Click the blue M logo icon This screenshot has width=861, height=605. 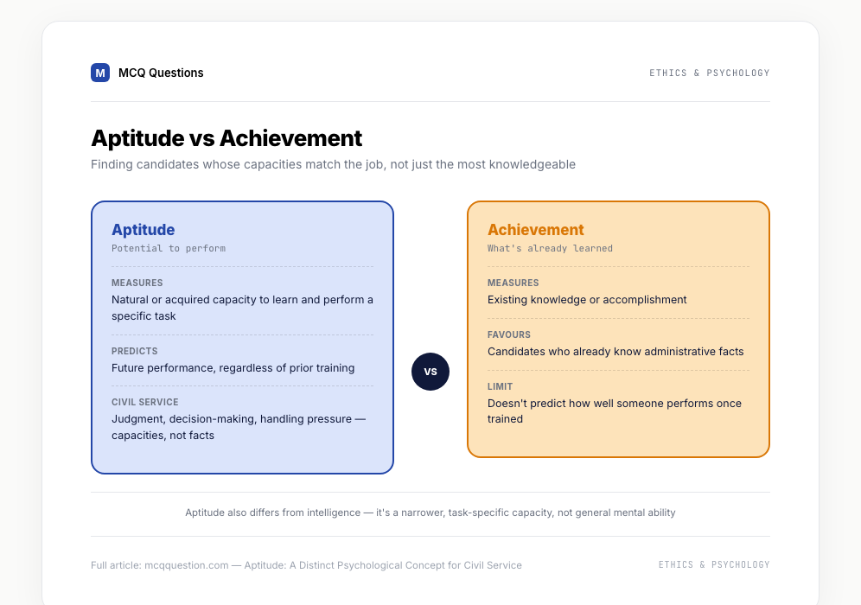(x=100, y=73)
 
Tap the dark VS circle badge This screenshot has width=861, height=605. (x=430, y=372)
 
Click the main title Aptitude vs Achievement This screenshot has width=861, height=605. (x=226, y=137)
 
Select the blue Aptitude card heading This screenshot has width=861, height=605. (x=143, y=230)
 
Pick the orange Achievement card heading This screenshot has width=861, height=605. (x=535, y=230)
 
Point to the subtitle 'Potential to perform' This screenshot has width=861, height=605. (x=169, y=248)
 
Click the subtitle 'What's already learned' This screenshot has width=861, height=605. (x=550, y=248)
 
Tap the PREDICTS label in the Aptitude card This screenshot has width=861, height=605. (x=135, y=351)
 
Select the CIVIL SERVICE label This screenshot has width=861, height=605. (x=145, y=402)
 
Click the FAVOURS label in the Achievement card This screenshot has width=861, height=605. (x=509, y=334)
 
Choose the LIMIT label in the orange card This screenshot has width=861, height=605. (x=501, y=386)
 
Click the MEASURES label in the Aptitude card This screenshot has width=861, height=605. (x=137, y=283)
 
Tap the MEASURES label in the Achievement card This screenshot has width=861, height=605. (x=513, y=283)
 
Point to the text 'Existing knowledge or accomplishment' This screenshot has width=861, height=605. (x=587, y=300)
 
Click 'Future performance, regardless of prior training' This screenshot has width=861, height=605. (x=233, y=368)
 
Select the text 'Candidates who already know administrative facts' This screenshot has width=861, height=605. (x=615, y=352)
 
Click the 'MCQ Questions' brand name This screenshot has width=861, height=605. (x=161, y=73)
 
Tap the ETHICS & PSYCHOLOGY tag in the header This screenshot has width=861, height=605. (x=710, y=73)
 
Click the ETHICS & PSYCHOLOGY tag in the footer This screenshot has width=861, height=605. (x=714, y=564)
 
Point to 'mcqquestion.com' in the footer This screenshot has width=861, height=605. (x=186, y=565)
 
